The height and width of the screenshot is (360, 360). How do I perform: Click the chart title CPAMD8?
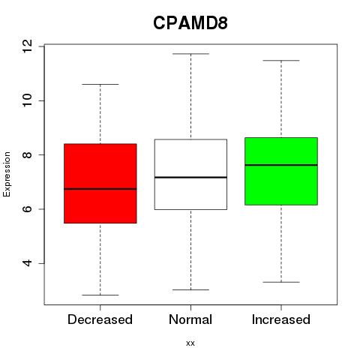190,23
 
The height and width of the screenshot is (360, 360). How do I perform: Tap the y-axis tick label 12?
27,46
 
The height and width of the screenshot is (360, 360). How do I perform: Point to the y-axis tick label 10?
27,100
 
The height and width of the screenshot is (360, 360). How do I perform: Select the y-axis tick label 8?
27,154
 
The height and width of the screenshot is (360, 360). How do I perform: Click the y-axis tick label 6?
27,209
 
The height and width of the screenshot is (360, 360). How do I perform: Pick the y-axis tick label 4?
27,263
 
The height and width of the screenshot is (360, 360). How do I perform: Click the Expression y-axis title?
7,174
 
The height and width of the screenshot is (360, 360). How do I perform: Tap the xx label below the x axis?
190,343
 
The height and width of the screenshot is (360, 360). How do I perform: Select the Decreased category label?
100,319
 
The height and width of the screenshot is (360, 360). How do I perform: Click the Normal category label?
190,319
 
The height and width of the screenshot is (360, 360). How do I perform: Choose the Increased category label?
281,319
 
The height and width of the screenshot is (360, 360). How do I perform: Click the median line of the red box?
100,189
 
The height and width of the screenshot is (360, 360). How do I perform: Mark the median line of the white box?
190,177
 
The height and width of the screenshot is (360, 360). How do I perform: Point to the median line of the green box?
281,165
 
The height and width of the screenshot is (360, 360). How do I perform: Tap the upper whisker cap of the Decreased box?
100,85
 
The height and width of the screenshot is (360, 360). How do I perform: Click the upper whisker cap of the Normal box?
190,54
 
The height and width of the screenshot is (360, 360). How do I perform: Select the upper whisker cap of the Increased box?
281,61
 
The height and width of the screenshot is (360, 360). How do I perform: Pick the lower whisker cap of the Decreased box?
100,295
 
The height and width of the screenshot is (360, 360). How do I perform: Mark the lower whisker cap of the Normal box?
190,289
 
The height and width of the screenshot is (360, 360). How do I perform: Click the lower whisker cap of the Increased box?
281,282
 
